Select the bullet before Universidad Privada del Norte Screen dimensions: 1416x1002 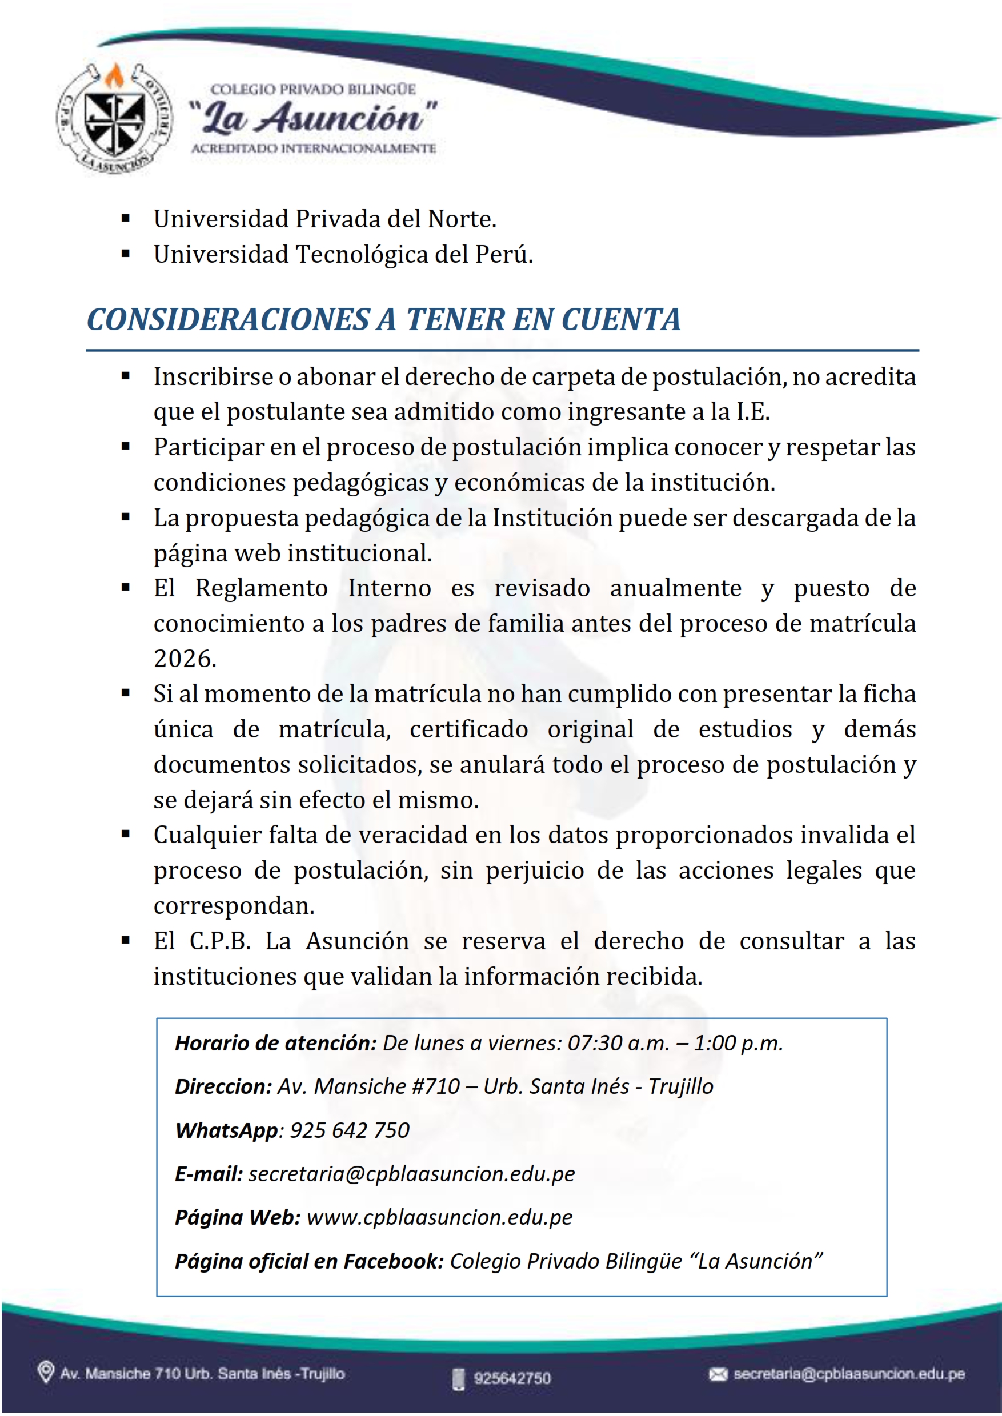tap(126, 218)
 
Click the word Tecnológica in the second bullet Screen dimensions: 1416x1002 tap(362, 254)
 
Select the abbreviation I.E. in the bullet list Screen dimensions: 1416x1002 tap(753, 412)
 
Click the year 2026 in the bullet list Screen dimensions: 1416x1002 tap(185, 659)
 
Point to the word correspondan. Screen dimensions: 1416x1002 tap(234, 906)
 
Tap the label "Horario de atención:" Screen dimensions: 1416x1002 tap(276, 1044)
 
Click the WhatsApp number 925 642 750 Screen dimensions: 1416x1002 tap(350, 1130)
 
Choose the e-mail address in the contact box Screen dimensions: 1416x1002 tap(411, 1174)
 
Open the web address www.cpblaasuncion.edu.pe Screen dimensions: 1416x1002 tap(439, 1217)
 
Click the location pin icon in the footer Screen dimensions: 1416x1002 tap(46, 1373)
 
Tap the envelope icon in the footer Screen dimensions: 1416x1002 tap(718, 1374)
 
